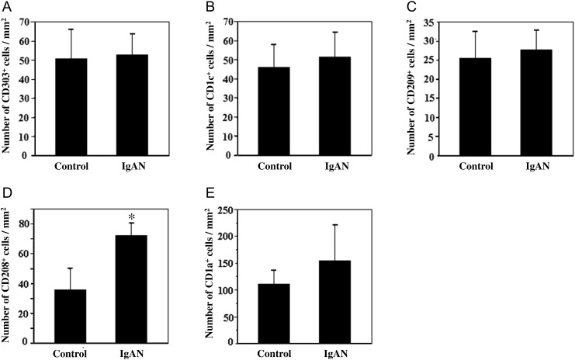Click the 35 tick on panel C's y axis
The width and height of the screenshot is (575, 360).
tap(429, 22)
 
